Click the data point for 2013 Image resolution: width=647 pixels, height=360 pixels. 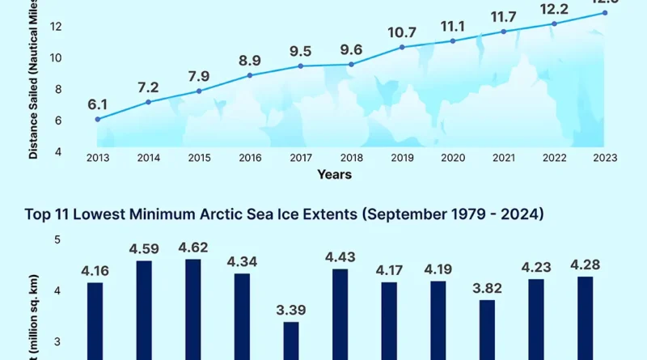click(x=98, y=120)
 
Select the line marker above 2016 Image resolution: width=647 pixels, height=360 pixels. click(x=250, y=75)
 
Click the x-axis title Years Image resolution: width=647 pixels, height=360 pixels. click(x=334, y=174)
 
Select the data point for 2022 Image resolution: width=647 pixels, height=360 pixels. click(x=555, y=23)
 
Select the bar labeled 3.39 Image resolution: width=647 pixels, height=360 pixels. click(x=290, y=340)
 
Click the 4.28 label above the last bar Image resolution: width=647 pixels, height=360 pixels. click(x=585, y=265)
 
